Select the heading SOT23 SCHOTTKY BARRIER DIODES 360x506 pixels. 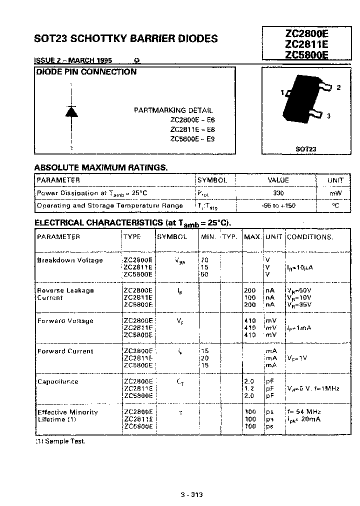(125, 38)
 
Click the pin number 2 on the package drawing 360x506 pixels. (338, 87)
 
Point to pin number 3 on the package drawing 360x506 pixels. (328, 116)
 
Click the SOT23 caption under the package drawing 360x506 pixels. (305, 149)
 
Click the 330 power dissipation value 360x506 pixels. (278, 193)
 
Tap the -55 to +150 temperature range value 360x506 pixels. (278, 205)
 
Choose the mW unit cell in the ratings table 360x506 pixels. (335, 193)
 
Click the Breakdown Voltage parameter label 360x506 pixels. (70, 260)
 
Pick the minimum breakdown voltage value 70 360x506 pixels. (204, 260)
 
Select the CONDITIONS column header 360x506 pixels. (310, 236)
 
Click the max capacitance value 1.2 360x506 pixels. (249, 388)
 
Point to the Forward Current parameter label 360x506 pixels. (65, 351)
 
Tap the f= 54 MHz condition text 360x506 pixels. (304, 412)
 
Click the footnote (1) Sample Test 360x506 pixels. (60, 442)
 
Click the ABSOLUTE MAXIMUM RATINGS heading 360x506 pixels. (100, 167)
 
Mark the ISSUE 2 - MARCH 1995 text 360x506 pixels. (73, 60)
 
